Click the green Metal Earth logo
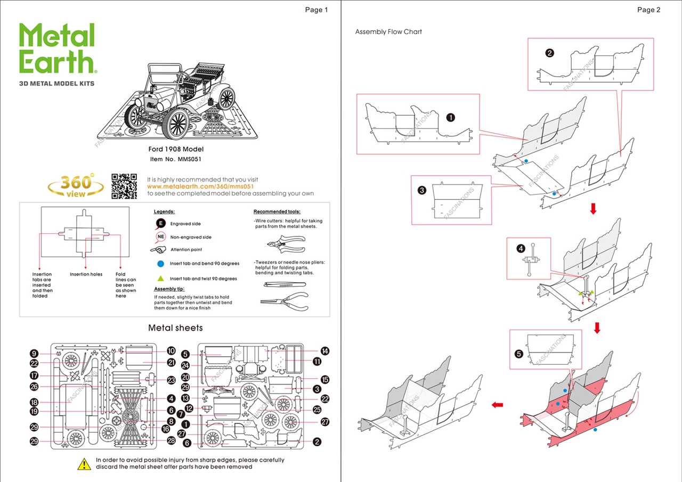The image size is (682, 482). pyautogui.click(x=57, y=48)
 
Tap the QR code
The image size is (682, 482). pyautogui.click(x=124, y=186)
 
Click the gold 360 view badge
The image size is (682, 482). pyautogui.click(x=76, y=185)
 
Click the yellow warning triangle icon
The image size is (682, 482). pyautogui.click(x=84, y=464)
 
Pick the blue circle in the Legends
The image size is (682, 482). pyautogui.click(x=160, y=264)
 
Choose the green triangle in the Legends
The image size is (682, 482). pyautogui.click(x=160, y=279)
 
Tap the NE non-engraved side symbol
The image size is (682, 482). pyautogui.click(x=160, y=237)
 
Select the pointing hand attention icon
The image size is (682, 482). pyautogui.click(x=159, y=249)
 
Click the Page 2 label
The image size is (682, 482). pyautogui.click(x=648, y=10)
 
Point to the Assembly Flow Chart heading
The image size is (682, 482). pyautogui.click(x=388, y=32)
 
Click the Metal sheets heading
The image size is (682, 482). pyautogui.click(x=175, y=328)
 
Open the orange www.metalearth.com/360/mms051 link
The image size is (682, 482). pyautogui.click(x=202, y=186)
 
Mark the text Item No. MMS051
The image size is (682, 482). pyautogui.click(x=175, y=159)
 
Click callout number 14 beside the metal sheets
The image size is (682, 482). pyautogui.click(x=324, y=350)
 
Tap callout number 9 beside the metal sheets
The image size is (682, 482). pyautogui.click(x=34, y=354)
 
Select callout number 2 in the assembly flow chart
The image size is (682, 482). pyautogui.click(x=550, y=53)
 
